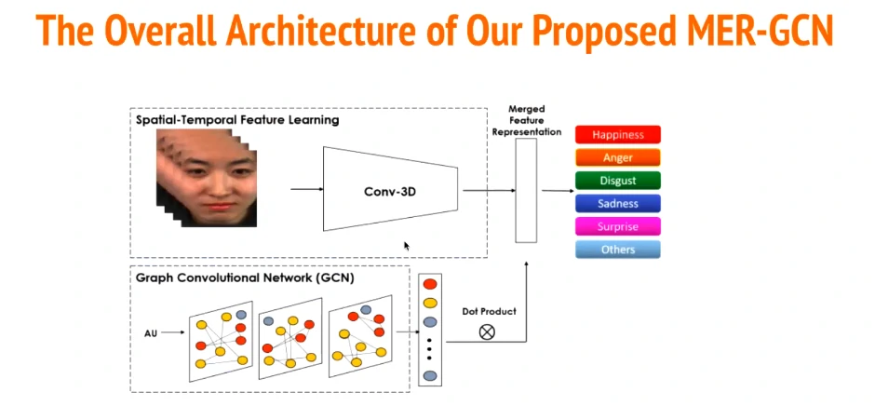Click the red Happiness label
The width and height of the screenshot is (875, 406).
(x=617, y=135)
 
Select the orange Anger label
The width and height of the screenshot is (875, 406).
(x=617, y=158)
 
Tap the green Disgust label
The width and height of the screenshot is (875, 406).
(x=617, y=181)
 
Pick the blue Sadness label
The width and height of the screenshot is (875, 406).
(x=617, y=204)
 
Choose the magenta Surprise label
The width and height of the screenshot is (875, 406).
(x=617, y=226)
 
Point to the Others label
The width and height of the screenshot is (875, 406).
(x=617, y=250)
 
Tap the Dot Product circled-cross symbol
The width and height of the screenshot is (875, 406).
(x=486, y=331)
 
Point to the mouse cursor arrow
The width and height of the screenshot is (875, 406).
(x=407, y=246)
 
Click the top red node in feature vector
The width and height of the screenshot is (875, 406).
(x=429, y=284)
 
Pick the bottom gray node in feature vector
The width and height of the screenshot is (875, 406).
(x=429, y=376)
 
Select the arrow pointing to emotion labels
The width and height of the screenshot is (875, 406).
(x=557, y=191)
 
